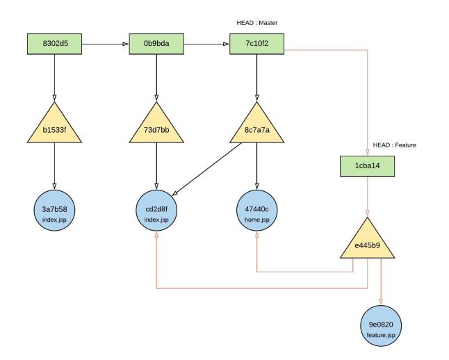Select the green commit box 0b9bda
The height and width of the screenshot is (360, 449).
tap(156, 44)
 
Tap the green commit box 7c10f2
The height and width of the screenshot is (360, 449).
tap(258, 44)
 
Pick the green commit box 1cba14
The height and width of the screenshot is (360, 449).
tap(366, 167)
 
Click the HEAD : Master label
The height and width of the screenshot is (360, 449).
tap(258, 23)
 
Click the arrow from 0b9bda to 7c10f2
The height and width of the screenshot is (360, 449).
tap(207, 44)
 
